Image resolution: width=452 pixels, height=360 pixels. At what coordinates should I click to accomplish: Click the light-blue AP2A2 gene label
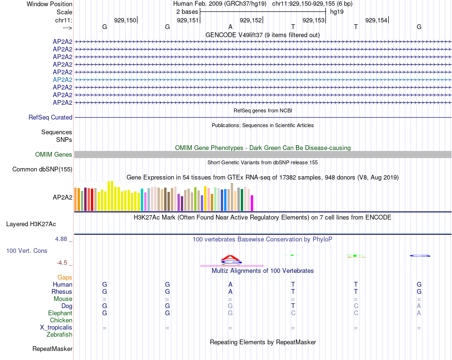click(62, 80)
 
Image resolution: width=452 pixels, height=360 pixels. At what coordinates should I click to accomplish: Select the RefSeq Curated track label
click(50, 117)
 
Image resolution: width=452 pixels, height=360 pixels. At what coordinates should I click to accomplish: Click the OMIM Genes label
click(54, 154)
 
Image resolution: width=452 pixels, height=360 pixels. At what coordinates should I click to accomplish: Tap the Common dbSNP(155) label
click(42, 169)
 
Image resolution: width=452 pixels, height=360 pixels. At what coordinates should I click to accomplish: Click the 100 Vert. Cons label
click(27, 250)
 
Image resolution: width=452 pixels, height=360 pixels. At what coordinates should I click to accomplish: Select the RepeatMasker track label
click(52, 349)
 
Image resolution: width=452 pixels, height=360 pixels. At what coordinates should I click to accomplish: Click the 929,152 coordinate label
click(251, 20)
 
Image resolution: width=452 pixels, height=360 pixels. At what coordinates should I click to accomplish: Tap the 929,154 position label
click(376, 20)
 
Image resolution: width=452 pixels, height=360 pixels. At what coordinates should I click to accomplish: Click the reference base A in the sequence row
click(230, 27)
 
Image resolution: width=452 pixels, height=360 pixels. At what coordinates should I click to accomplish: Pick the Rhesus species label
click(62, 291)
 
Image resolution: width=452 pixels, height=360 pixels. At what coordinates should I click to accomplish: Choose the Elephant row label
click(60, 313)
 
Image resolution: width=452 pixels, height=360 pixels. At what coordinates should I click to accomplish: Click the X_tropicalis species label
click(56, 328)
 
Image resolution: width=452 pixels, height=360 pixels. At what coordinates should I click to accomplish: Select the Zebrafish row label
click(59, 335)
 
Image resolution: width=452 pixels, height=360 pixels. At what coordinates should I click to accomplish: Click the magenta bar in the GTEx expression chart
click(252, 203)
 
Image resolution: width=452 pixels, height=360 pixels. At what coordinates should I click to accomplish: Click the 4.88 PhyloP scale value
click(64, 239)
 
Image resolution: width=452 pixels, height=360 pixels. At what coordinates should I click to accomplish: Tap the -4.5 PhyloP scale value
click(65, 263)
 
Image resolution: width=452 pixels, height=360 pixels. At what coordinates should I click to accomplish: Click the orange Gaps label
click(65, 277)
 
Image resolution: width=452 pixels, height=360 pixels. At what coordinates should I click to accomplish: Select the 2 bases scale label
click(186, 11)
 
